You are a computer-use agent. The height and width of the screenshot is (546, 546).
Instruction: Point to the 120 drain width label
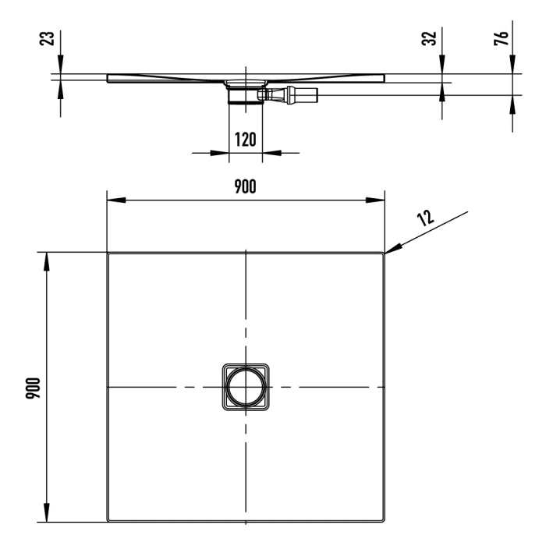click(245, 140)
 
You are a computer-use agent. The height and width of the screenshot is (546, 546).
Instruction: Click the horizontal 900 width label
click(245, 187)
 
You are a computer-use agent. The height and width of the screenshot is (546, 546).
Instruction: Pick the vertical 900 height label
click(32, 388)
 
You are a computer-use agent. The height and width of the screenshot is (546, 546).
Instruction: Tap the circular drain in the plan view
click(245, 387)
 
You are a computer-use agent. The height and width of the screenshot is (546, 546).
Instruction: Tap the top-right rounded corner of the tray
click(382, 255)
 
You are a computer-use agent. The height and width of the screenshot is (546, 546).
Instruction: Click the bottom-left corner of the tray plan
click(109, 520)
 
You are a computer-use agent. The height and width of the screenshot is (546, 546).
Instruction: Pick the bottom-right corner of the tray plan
click(382, 520)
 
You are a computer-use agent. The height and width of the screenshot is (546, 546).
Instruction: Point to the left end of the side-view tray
click(108, 78)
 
